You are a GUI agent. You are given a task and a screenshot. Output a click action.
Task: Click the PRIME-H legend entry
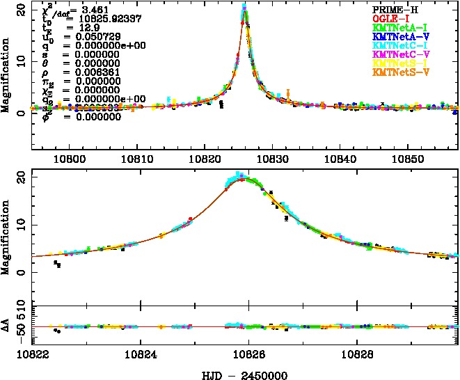click(x=394, y=8)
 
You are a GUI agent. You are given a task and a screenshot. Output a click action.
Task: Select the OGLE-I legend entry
click(x=391, y=17)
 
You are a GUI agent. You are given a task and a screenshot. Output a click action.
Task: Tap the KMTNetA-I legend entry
click(x=398, y=26)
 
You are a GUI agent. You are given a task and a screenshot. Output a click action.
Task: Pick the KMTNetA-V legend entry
click(x=398, y=35)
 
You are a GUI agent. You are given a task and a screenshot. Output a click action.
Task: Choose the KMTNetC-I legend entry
click(x=398, y=45)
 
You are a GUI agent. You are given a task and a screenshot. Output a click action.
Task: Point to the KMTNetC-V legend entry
click(x=398, y=54)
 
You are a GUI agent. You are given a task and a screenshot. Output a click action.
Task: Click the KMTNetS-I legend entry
click(x=398, y=63)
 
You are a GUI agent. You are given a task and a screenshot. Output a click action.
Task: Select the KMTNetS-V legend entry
click(x=398, y=72)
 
